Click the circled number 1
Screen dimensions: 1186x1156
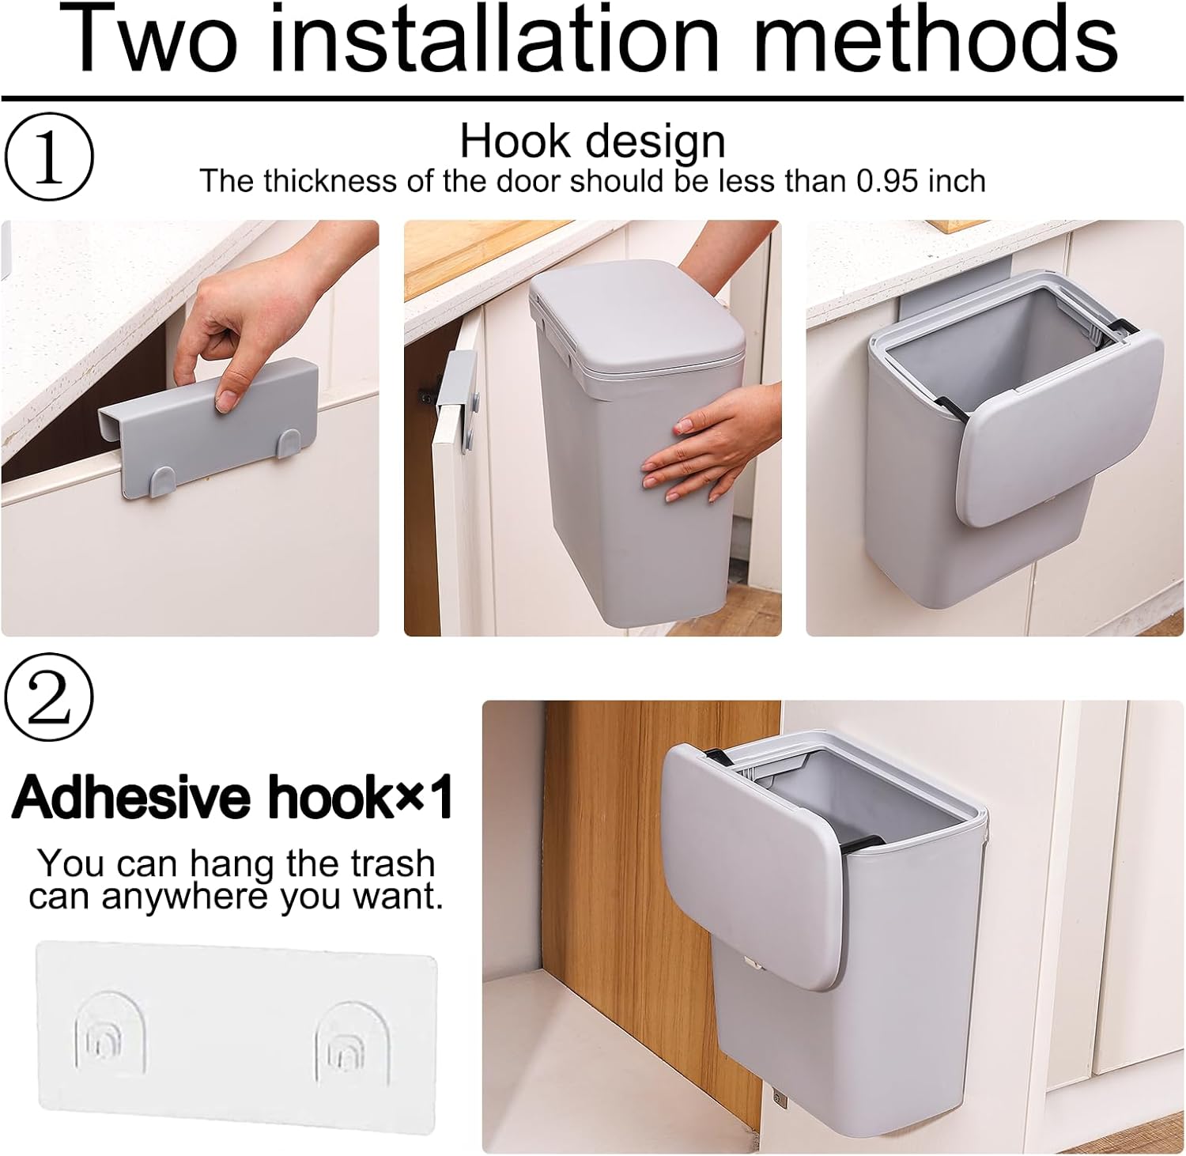(x=49, y=157)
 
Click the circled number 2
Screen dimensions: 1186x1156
(x=49, y=697)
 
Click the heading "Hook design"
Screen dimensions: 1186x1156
(x=592, y=142)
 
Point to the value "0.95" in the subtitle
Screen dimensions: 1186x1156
(x=889, y=181)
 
